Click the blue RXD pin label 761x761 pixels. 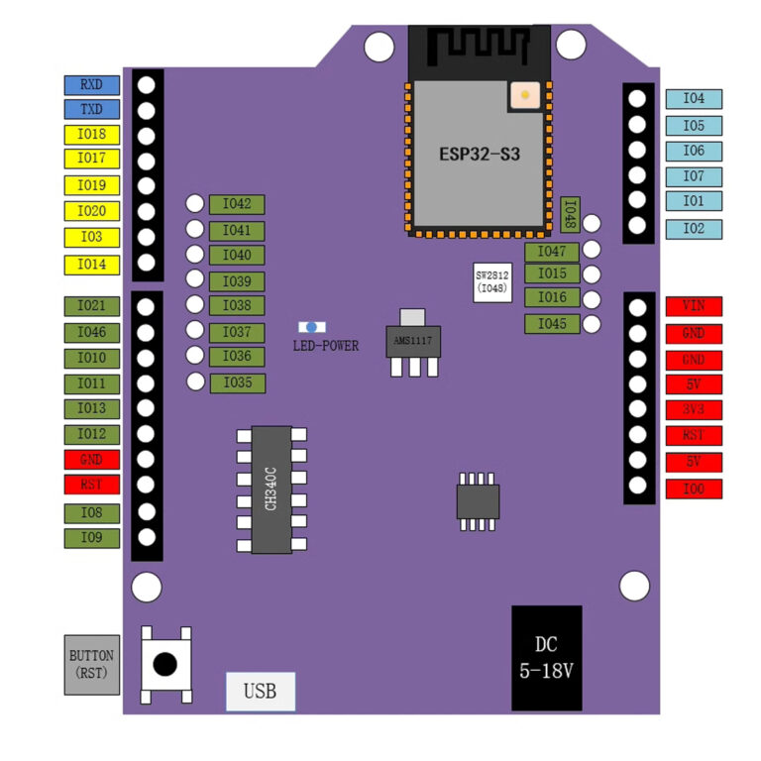point(92,85)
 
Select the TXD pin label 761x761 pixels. point(92,110)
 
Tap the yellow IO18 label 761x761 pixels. point(92,135)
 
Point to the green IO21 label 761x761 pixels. point(92,307)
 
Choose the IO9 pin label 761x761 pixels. point(92,538)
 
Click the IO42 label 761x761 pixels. point(237,205)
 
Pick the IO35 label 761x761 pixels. point(237,382)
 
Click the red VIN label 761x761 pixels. point(694,306)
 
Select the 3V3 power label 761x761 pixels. point(694,409)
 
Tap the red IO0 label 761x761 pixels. point(694,489)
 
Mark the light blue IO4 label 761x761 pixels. point(694,99)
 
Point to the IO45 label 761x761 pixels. point(552,324)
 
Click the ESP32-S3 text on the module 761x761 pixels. point(480,156)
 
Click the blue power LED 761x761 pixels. point(312,327)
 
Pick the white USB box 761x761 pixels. point(260,692)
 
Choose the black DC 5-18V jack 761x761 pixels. point(546,659)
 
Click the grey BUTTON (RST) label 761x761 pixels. point(91,665)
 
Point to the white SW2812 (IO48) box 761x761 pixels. point(492,281)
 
